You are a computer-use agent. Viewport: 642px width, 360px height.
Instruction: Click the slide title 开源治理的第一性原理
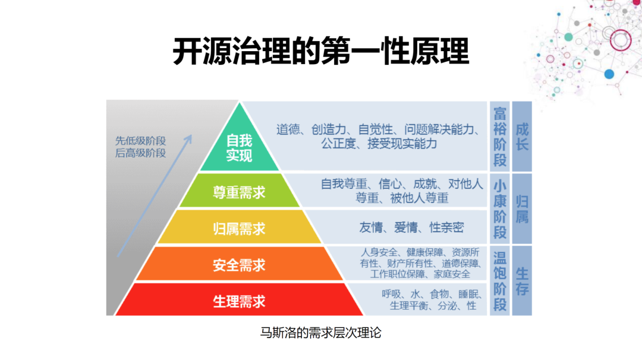coord(321,51)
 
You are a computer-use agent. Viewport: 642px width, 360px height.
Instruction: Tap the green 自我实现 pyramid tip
coord(240,147)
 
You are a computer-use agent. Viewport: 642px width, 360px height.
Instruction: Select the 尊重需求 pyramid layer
coord(240,192)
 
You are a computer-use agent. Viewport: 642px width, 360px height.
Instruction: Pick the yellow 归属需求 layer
coord(240,228)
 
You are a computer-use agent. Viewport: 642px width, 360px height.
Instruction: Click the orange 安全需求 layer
coord(240,264)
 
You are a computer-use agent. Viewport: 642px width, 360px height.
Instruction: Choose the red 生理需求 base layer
coord(240,301)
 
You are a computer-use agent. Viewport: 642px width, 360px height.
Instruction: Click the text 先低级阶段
coord(140,141)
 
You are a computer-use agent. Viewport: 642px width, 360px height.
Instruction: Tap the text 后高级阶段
coord(140,153)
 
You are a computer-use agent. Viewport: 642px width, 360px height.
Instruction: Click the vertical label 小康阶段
coord(500,209)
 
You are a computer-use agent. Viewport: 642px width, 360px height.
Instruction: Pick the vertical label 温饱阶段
coord(500,281)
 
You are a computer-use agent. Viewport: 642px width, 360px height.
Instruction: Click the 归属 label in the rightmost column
coord(522,209)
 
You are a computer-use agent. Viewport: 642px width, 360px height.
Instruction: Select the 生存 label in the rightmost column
coord(522,281)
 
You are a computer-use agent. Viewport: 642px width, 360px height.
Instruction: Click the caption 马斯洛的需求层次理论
coord(321,333)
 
